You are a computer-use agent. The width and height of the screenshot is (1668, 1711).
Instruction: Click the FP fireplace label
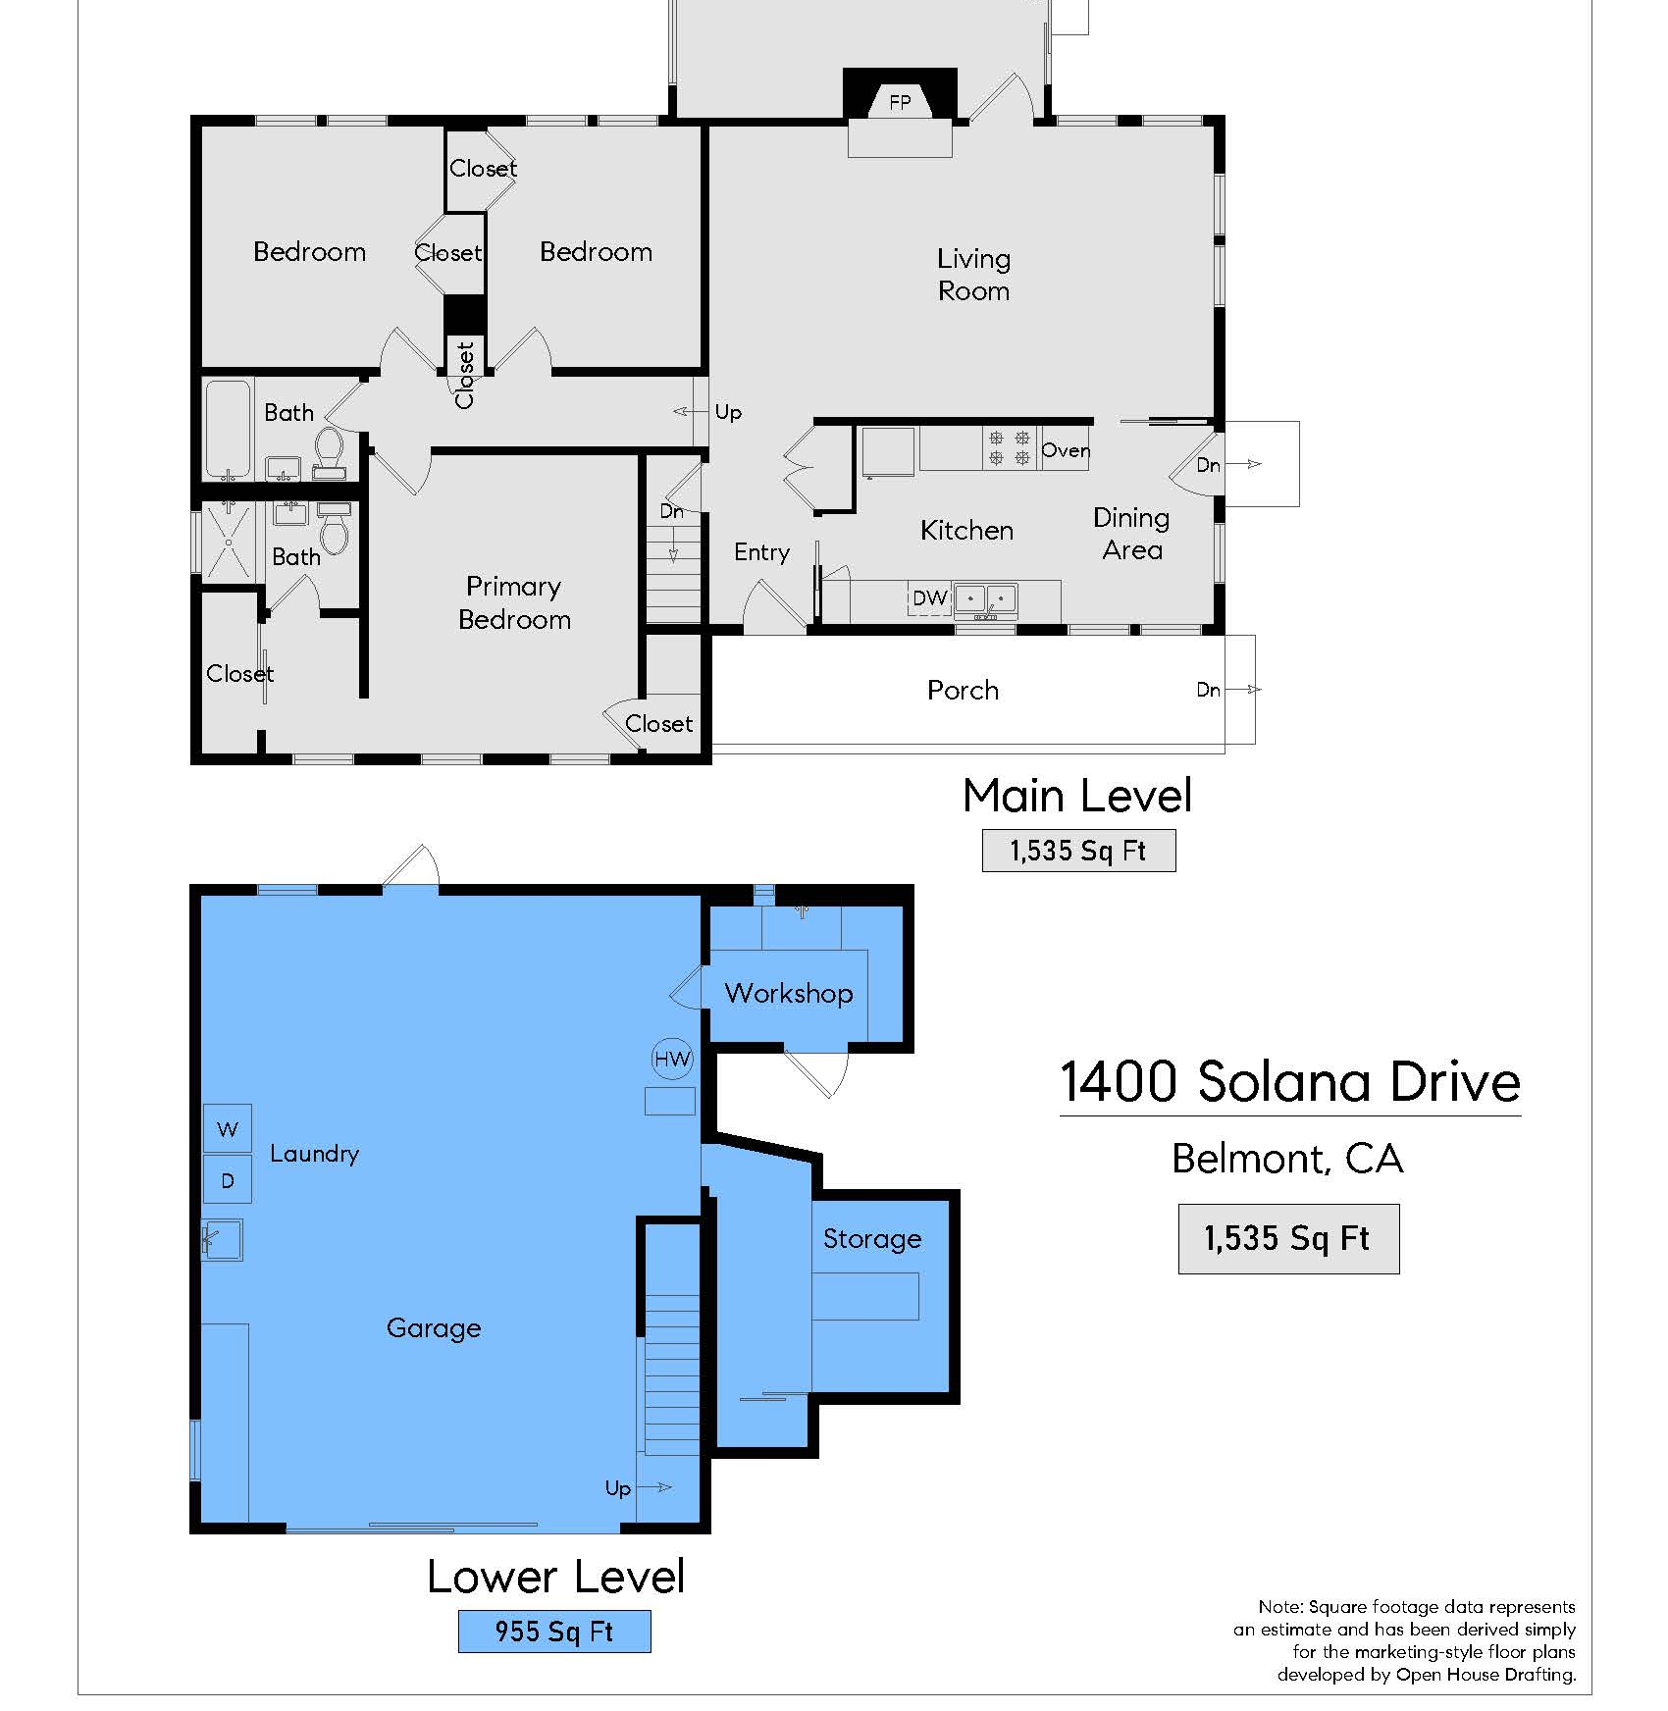(900, 102)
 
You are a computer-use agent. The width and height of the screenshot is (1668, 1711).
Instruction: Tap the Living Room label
(973, 275)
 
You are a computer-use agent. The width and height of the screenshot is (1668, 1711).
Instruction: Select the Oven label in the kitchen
(1066, 450)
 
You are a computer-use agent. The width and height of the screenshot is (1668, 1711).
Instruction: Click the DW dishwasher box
(930, 598)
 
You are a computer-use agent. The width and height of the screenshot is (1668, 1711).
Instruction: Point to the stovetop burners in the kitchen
(1010, 447)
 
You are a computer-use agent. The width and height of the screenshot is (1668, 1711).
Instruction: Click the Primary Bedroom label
(514, 603)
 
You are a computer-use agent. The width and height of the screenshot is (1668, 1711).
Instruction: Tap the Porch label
(963, 691)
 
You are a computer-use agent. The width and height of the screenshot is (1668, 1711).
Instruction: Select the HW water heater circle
(673, 1059)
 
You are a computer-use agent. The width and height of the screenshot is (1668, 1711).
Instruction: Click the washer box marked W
(228, 1128)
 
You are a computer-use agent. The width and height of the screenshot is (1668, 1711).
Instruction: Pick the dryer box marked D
(228, 1180)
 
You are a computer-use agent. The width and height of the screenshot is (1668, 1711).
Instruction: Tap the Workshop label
(789, 994)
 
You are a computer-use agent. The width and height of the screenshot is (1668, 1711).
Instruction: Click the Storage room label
(872, 1239)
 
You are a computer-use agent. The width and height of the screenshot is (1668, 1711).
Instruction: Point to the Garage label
(434, 1328)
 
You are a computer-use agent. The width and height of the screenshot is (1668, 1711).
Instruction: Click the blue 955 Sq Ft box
(554, 1632)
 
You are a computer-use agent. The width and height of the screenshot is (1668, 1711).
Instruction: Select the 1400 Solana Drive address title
(1290, 1082)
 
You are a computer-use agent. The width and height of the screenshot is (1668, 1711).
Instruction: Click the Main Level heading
(1077, 796)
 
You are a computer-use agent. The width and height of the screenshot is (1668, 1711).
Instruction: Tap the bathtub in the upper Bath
(229, 430)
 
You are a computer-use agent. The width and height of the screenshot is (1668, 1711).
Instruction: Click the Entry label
(761, 553)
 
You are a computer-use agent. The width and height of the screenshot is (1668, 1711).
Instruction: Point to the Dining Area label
(1131, 534)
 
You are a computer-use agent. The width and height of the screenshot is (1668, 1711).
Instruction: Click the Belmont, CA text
(1287, 1160)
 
